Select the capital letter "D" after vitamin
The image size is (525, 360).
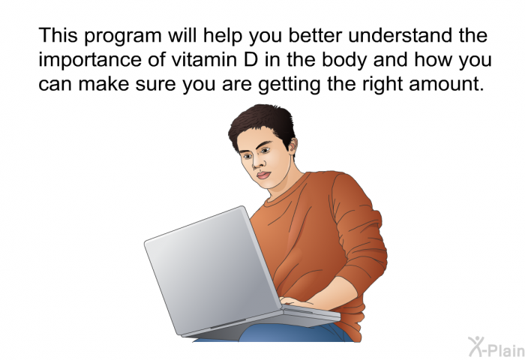[251, 59]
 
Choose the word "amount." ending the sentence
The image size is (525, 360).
[447, 84]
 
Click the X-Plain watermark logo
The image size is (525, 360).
[496, 346]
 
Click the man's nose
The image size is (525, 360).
[257, 163]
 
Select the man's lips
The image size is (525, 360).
[263, 175]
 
